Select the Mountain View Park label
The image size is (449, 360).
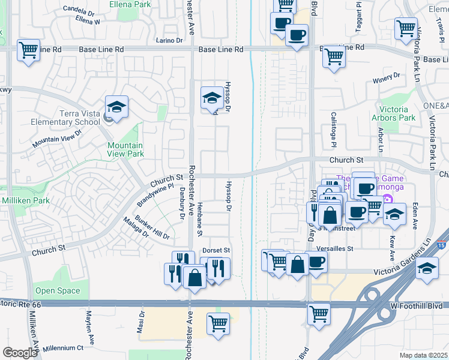125,149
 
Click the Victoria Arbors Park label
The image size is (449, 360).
394,113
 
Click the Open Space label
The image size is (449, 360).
58,291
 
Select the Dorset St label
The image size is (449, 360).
216,250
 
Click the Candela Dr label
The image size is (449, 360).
79,10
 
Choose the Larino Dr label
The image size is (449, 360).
169,40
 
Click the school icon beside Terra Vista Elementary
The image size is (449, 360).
116,107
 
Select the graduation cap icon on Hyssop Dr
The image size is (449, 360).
211,98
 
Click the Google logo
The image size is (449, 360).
20,353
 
